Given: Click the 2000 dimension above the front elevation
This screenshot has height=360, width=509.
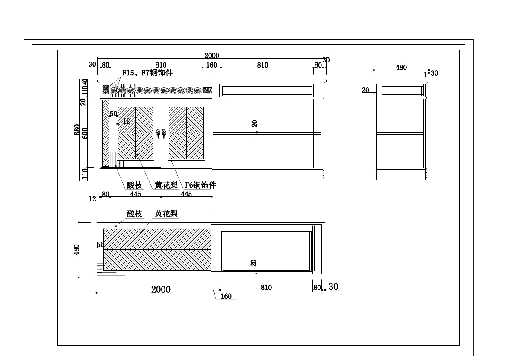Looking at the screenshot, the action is pyautogui.click(x=212, y=56).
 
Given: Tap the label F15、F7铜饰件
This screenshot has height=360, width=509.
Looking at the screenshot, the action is pyautogui.click(x=147, y=73).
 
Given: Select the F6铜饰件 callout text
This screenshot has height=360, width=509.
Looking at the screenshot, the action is pyautogui.click(x=200, y=185).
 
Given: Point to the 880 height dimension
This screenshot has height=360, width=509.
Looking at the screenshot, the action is pyautogui.click(x=77, y=130).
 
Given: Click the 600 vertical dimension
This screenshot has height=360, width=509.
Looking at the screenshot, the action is pyautogui.click(x=85, y=133).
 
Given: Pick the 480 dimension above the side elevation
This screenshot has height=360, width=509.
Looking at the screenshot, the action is pyautogui.click(x=401, y=67).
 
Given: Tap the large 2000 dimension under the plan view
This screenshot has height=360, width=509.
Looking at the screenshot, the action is pyautogui.click(x=161, y=289).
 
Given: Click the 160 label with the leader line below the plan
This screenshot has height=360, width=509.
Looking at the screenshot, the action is pyautogui.click(x=226, y=296).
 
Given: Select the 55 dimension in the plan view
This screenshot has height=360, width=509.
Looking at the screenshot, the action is pyautogui.click(x=100, y=245).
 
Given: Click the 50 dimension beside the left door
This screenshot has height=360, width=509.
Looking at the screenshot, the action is pyautogui.click(x=113, y=114).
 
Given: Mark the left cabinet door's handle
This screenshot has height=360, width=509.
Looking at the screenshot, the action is pyautogui.click(x=158, y=134).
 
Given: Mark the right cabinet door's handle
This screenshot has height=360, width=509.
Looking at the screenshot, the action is pyautogui.click(x=163, y=134).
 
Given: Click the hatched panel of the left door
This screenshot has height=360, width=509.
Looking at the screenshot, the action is pyautogui.click(x=135, y=133).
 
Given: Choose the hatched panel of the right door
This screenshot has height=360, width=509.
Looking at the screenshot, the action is pyautogui.click(x=186, y=133).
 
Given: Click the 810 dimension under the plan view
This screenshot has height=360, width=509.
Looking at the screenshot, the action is pyautogui.click(x=266, y=288).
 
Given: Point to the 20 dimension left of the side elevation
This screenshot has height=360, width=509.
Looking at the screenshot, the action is pyautogui.click(x=365, y=90).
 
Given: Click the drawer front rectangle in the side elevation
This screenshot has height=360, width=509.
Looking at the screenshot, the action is pyautogui.click(x=402, y=90).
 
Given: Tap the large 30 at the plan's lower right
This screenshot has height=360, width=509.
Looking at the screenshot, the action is pyautogui.click(x=333, y=287).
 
